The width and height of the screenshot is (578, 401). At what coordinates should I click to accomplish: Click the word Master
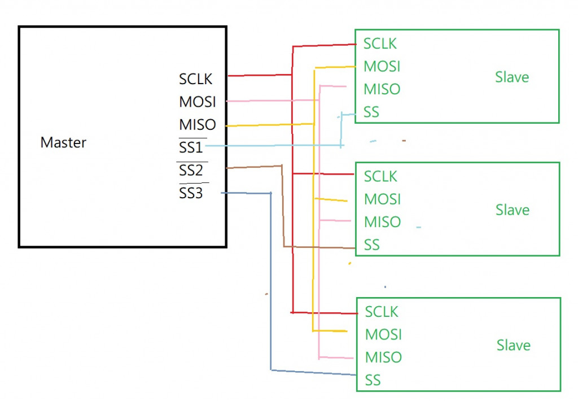[63, 142]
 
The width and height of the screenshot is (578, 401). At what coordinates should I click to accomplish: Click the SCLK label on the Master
[196, 79]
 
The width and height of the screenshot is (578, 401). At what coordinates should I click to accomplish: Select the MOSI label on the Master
[198, 102]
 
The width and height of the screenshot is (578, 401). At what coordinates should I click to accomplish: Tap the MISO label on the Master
[198, 124]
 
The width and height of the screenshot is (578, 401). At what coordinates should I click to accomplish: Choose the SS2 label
[191, 170]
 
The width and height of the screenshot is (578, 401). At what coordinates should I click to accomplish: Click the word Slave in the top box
[512, 77]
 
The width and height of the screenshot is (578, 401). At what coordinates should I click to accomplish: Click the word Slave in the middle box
[513, 210]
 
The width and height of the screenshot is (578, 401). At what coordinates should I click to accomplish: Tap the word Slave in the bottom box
[514, 345]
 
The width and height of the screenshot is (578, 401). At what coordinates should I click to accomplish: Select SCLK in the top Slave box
[380, 43]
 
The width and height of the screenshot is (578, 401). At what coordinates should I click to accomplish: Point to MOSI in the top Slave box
[382, 67]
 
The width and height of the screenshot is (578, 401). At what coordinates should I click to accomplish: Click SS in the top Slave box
[371, 112]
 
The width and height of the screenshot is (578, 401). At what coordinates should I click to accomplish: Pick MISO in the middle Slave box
[382, 222]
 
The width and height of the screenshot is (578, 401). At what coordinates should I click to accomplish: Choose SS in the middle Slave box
[372, 245]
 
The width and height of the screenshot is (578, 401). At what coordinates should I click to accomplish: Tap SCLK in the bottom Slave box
[382, 312]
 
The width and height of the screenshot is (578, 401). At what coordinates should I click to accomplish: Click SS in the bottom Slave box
[373, 380]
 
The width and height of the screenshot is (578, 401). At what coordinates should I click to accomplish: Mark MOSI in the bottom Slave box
[383, 334]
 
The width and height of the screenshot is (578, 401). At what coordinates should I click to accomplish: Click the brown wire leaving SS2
[254, 167]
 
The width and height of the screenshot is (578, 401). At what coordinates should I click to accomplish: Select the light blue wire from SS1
[271, 146]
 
